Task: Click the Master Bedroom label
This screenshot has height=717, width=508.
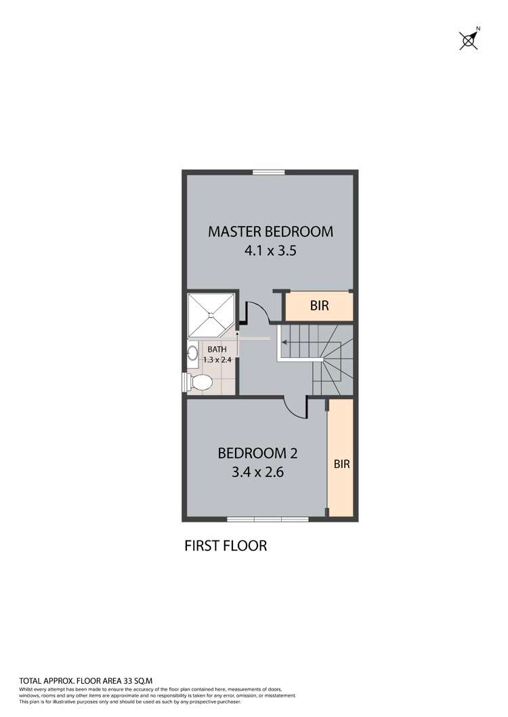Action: point(270,231)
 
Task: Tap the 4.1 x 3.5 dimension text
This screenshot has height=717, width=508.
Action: point(270,250)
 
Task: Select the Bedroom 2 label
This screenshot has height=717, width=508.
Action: point(257,453)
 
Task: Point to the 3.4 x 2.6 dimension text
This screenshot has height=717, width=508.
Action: point(257,471)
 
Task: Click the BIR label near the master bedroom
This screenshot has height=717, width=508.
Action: point(319,306)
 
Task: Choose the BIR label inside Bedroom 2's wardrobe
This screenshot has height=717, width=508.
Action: point(341,464)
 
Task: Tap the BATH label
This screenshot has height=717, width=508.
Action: point(217,349)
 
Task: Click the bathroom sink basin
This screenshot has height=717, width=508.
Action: point(193,352)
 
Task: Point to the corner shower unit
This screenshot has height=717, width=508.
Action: point(211,315)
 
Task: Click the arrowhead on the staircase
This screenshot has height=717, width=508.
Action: point(277,342)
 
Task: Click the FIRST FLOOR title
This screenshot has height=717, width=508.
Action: point(226,545)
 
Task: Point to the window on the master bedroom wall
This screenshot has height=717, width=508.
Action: point(264,172)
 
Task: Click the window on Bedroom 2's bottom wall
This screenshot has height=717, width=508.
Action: point(268,519)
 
